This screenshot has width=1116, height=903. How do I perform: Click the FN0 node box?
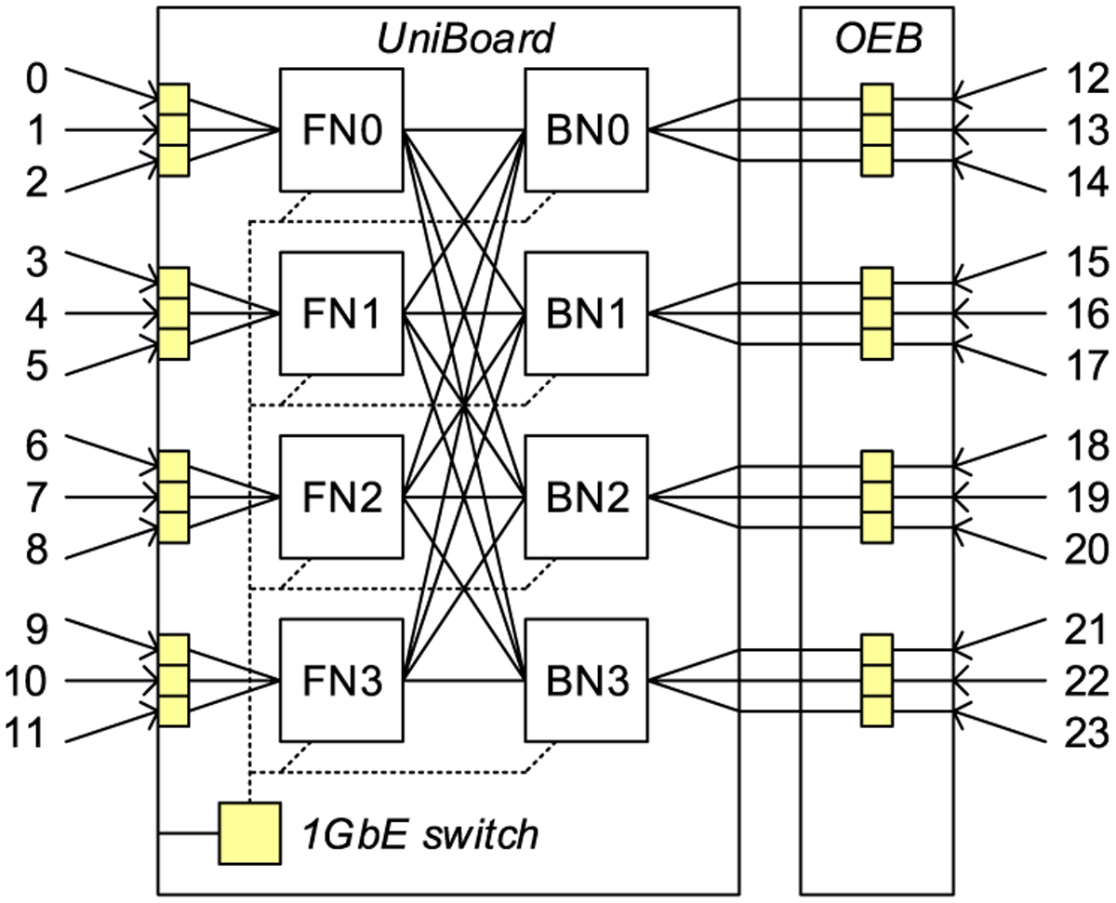pyautogui.click(x=341, y=130)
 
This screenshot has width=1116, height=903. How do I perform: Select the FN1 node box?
pyautogui.click(x=341, y=314)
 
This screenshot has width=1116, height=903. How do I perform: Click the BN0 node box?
pyautogui.click(x=587, y=130)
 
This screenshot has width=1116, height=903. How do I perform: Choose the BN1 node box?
pyautogui.click(x=587, y=314)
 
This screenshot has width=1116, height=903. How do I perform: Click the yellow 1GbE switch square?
pyautogui.click(x=249, y=831)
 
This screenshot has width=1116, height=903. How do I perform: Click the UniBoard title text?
pyautogui.click(x=465, y=39)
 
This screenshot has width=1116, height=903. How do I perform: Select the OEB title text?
pyautogui.click(x=876, y=39)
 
